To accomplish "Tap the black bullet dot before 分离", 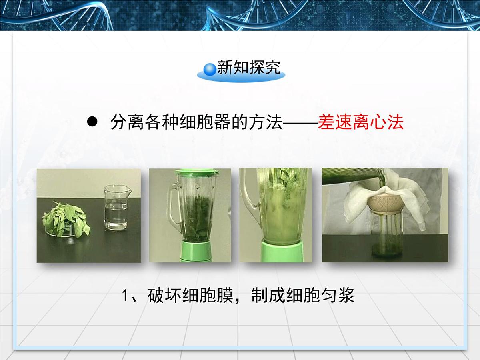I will pos(92,122).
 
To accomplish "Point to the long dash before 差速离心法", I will pos(300,123).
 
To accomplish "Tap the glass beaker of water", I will pos(116,208).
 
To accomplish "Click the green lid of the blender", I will pos(197,172).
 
